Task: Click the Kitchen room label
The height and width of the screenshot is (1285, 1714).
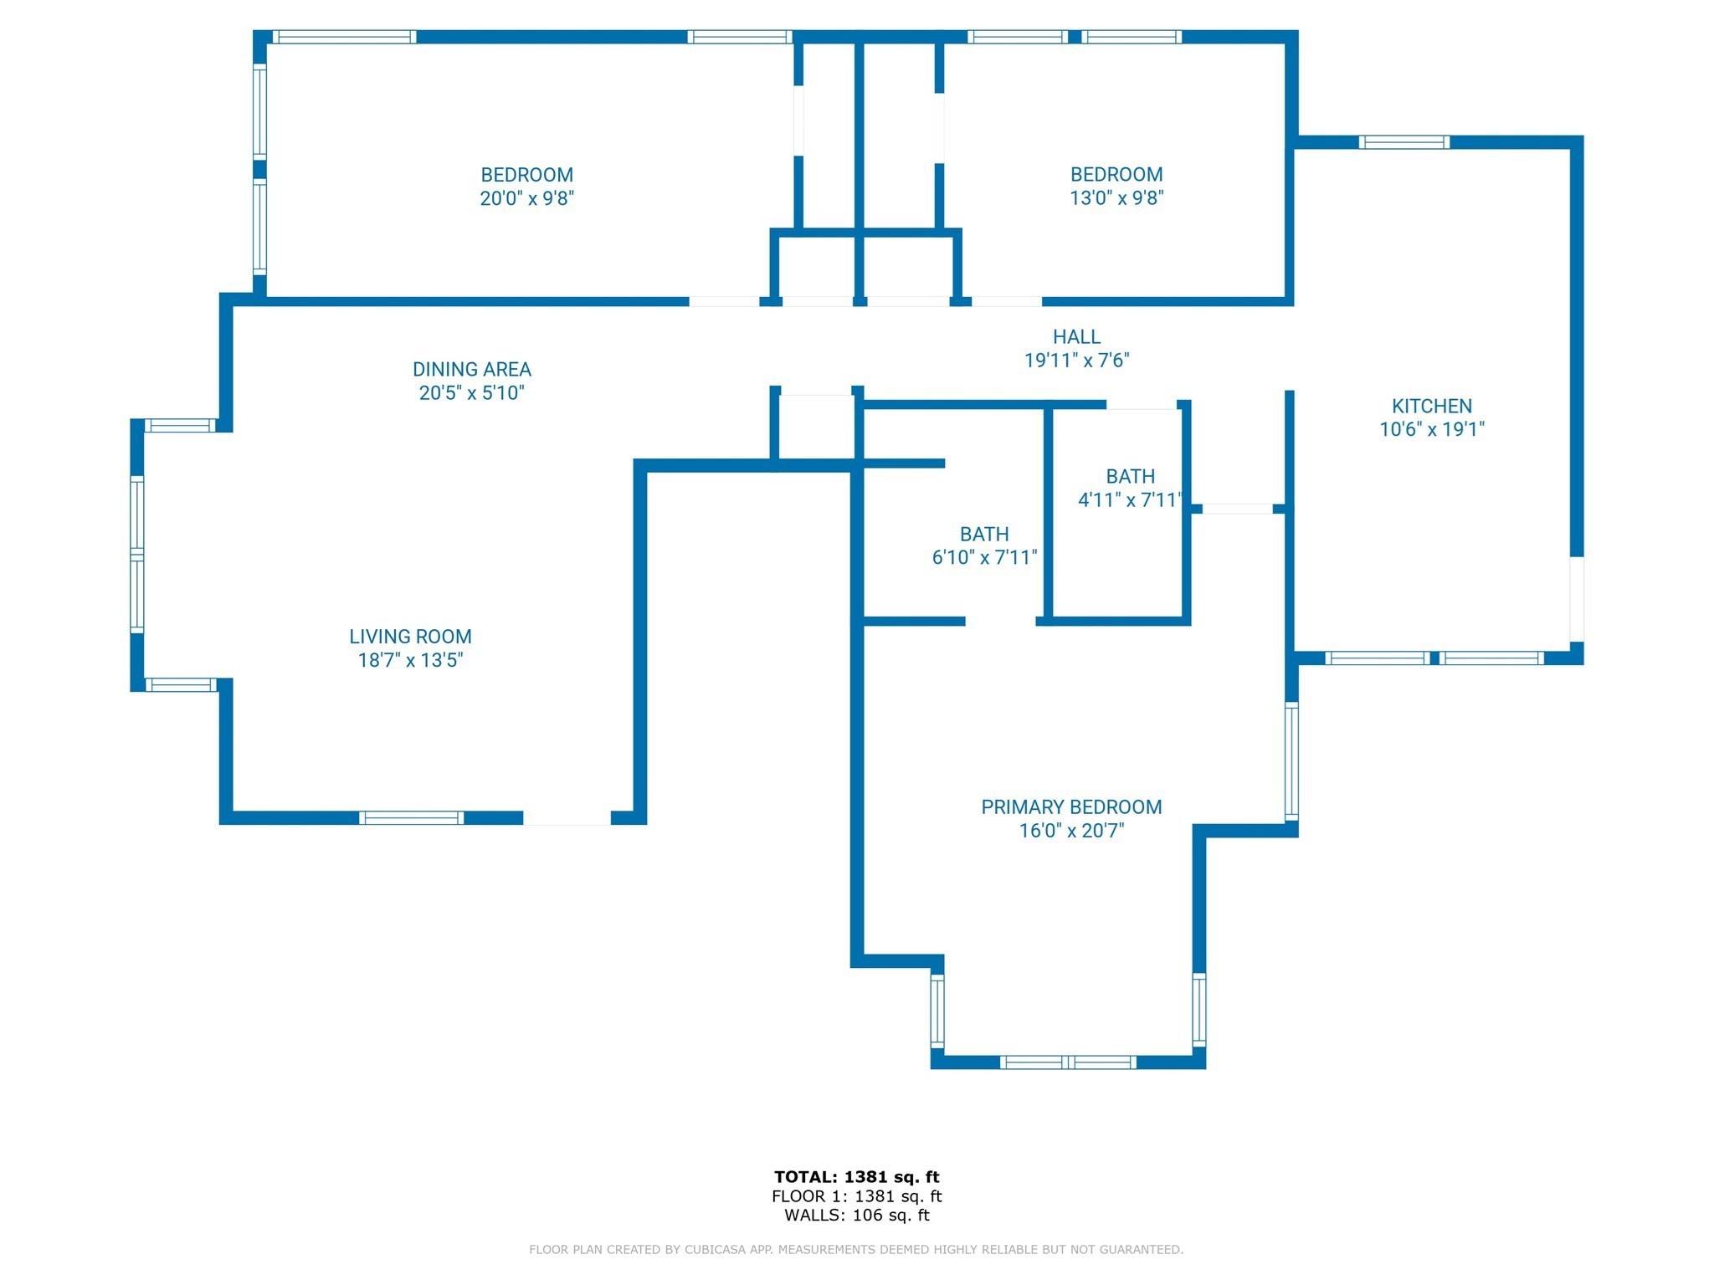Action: tap(1431, 406)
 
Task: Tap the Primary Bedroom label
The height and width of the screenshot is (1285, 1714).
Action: tap(1071, 807)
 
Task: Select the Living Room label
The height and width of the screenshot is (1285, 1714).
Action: tap(410, 637)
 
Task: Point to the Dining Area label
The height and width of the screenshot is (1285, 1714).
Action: tap(471, 369)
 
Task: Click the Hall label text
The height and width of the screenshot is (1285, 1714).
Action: tap(1076, 337)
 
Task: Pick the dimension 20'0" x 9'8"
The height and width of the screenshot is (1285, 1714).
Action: tap(526, 198)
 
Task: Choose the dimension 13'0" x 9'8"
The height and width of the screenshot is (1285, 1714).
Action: tap(1116, 197)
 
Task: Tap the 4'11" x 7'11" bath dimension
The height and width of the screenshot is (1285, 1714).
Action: tap(1130, 499)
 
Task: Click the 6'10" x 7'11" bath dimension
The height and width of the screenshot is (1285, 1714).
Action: tap(984, 557)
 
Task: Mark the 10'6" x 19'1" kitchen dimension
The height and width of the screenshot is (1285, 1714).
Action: tap(1432, 429)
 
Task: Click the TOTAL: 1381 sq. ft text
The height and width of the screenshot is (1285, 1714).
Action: tap(856, 1177)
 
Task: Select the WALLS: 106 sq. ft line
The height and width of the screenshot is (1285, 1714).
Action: tap(857, 1216)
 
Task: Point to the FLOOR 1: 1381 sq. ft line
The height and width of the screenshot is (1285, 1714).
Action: tap(857, 1196)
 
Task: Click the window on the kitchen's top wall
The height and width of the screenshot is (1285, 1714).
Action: tap(1404, 142)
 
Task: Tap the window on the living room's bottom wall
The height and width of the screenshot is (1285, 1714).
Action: tap(411, 818)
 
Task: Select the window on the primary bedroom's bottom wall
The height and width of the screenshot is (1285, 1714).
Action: tap(1068, 1062)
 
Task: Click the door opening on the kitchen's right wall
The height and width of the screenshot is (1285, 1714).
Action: tap(1577, 599)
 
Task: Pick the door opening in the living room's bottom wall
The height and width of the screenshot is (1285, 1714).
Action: tap(567, 818)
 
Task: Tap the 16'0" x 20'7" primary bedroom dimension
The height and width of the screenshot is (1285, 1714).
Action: tap(1071, 831)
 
